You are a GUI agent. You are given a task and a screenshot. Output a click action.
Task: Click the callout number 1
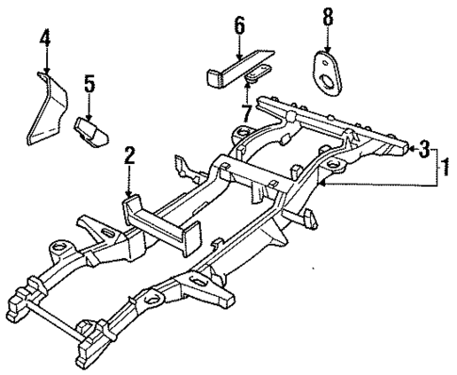(x=441, y=171)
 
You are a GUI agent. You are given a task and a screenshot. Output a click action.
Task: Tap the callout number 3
(x=426, y=148)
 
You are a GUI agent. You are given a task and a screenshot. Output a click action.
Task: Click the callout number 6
(x=240, y=26)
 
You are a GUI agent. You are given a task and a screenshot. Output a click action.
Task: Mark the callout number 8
(x=327, y=16)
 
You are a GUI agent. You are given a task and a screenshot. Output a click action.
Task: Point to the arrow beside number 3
(x=412, y=149)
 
